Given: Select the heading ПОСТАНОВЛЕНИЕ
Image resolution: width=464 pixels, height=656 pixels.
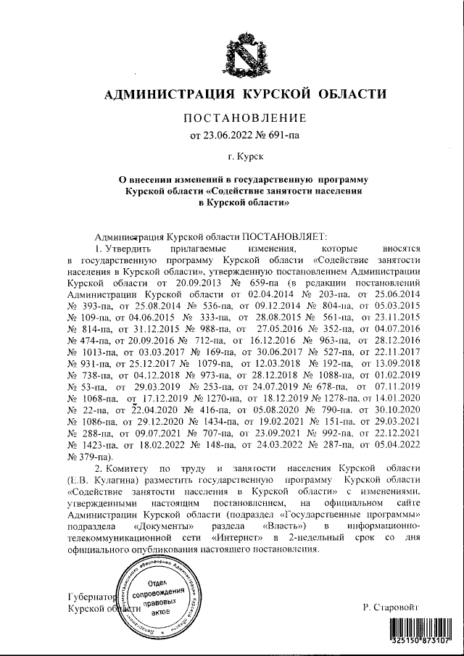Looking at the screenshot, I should (243, 118).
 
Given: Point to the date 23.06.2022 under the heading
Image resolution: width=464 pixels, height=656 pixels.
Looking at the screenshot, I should (231, 135).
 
